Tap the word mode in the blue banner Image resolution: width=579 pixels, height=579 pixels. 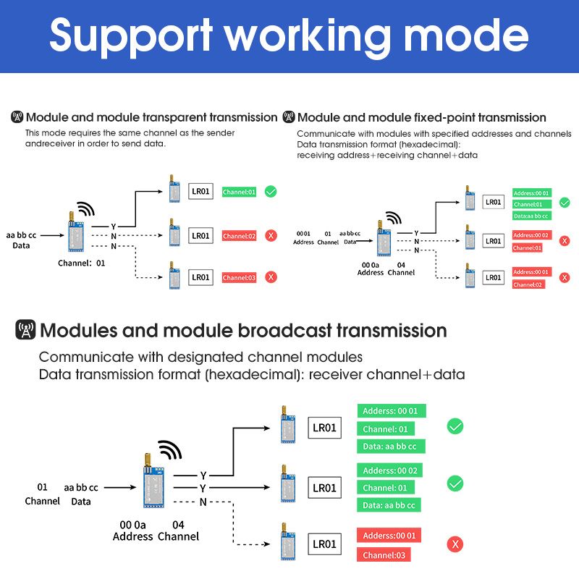click(x=466, y=35)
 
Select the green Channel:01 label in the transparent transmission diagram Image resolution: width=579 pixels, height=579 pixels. click(x=239, y=192)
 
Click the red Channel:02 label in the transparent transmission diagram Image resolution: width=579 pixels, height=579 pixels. click(x=239, y=236)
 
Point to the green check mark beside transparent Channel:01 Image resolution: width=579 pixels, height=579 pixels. click(x=271, y=192)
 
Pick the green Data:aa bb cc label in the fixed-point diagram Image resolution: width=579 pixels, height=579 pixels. click(x=532, y=216)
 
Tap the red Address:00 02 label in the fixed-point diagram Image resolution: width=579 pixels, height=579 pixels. click(x=531, y=235)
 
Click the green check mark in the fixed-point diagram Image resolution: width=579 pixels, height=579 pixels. click(x=565, y=203)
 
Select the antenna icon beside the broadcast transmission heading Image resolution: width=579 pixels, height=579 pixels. click(x=25, y=329)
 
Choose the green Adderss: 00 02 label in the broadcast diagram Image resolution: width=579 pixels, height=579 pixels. click(x=389, y=470)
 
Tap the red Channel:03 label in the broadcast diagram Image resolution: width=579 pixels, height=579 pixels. click(x=384, y=555)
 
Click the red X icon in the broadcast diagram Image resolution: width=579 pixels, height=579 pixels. click(x=455, y=544)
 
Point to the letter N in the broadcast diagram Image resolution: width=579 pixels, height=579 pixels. click(x=203, y=502)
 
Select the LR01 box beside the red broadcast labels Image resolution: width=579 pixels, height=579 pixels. click(x=324, y=544)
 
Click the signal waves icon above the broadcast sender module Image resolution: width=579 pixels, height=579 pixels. click(x=170, y=449)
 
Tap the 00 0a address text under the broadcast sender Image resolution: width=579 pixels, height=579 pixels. click(x=132, y=525)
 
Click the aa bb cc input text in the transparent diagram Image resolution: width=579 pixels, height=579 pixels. click(x=21, y=235)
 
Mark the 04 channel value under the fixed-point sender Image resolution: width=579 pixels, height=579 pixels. click(x=401, y=265)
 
